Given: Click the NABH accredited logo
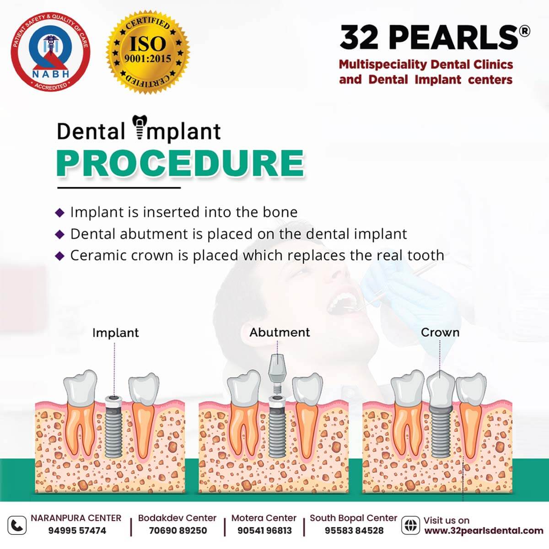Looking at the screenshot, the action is coord(50,52).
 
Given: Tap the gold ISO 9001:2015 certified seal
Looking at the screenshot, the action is coord(148,52).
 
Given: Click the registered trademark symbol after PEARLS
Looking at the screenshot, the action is coord(524,32).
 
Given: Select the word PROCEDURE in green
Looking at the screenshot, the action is coord(180,164).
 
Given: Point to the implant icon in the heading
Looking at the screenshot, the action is coord(140,127).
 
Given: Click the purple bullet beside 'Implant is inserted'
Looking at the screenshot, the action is coord(59,213).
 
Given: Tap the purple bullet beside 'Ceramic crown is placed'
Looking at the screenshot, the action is coord(59,256).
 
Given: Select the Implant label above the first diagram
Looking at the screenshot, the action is coord(115,333).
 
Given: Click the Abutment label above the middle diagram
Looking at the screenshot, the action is coord(280,332).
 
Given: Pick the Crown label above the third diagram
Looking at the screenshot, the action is coord(440,332).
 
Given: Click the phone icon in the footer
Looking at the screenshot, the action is coord(17,525).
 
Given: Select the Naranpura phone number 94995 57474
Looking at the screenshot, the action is coord(77,531).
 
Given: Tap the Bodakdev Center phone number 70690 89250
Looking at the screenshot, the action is coord(178,531).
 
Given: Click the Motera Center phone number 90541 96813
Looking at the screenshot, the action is coord(265,531).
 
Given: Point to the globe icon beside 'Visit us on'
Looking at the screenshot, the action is coord(410,525).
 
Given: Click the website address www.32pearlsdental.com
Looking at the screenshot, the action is coord(484,531).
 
